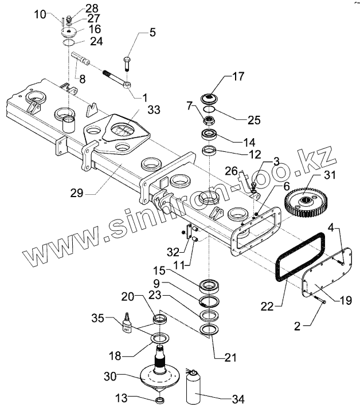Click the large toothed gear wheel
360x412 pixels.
pyautogui.click(x=306, y=202)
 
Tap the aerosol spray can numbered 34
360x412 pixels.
pyautogui.click(x=193, y=388)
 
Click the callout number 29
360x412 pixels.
pyautogui.click(x=77, y=193)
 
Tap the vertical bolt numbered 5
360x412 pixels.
pyautogui.click(x=127, y=64)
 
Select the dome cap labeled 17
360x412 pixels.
pyautogui.click(x=210, y=99)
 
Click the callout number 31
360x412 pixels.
pyautogui.click(x=330, y=174)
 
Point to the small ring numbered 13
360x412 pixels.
pyautogui.click(x=159, y=401)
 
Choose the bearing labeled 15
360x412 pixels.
pyautogui.click(x=209, y=286)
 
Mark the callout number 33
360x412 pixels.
pyautogui.click(x=154, y=109)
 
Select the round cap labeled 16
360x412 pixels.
pyautogui.click(x=69, y=33)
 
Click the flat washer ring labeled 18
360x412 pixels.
pyautogui.click(x=159, y=338)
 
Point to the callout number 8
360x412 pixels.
pyautogui.click(x=83, y=79)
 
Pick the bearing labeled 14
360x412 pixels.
pyautogui.click(x=209, y=135)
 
